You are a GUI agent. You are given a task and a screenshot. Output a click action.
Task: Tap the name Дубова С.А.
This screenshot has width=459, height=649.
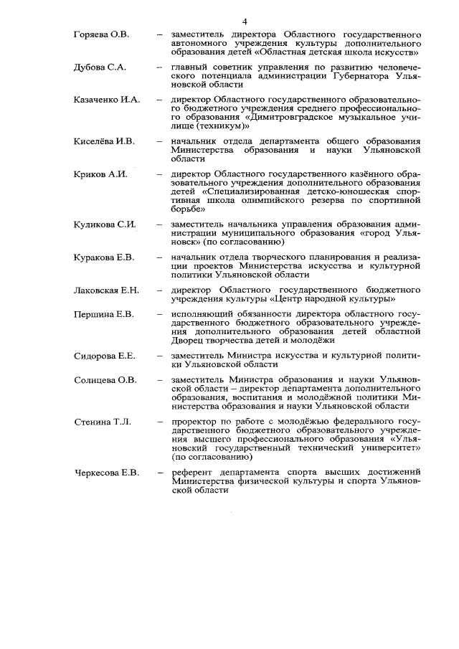click(100, 67)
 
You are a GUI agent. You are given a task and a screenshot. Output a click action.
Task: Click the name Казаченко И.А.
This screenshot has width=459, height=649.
click(106, 99)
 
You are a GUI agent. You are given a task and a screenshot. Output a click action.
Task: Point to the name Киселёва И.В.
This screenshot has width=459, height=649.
click(104, 141)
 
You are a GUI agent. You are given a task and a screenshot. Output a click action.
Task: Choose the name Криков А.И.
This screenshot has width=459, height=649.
click(100, 174)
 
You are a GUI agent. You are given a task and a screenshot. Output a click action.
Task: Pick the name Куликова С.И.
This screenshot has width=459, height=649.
click(105, 224)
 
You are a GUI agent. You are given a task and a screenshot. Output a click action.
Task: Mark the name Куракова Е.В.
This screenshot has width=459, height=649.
click(104, 257)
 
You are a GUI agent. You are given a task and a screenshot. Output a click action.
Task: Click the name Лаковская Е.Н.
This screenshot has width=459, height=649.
click(106, 290)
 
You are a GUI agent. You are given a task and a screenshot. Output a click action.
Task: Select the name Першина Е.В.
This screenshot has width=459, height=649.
click(104, 314)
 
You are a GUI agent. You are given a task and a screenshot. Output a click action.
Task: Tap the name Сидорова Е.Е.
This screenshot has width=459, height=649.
click(105, 356)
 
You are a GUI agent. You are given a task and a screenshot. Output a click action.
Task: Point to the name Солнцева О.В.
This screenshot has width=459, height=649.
click(105, 379)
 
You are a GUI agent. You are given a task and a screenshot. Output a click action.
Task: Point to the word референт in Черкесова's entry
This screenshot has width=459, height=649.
click(191, 473)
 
